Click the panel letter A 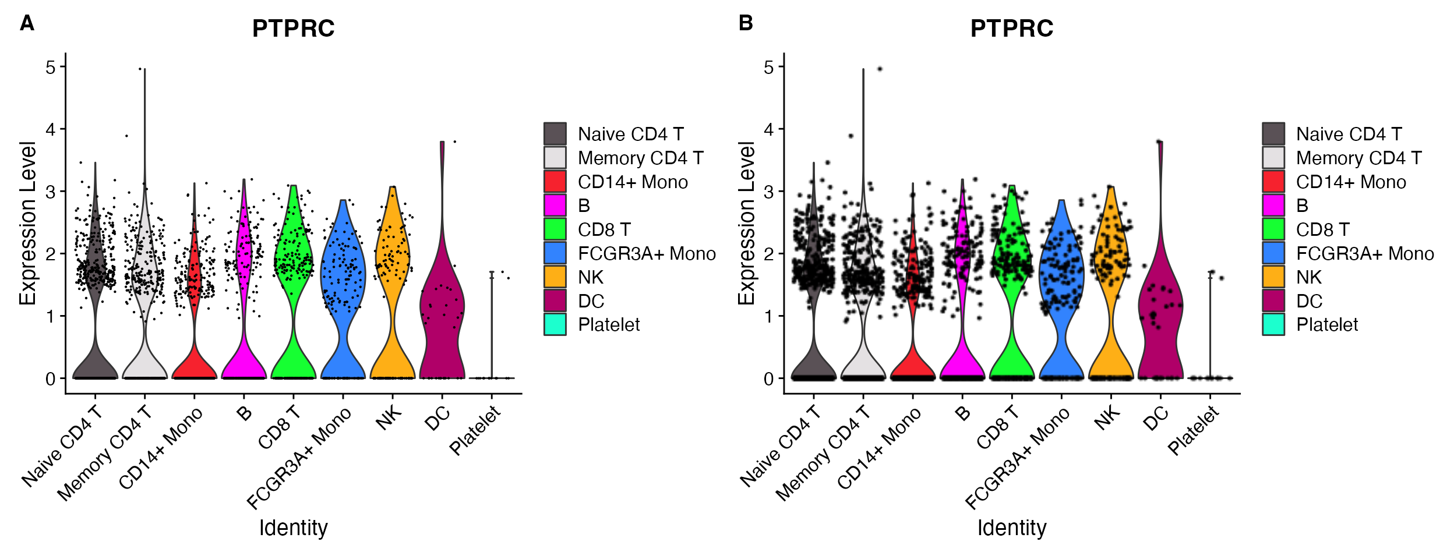(x=27, y=23)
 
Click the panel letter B (x=746, y=23)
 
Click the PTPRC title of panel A (x=293, y=29)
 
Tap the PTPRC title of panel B (x=1012, y=29)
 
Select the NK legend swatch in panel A (x=555, y=277)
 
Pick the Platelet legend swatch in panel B (x=1273, y=324)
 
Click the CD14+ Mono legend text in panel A (x=633, y=182)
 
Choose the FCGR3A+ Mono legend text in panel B (x=1365, y=253)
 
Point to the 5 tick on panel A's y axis (x=51, y=67)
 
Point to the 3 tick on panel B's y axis (x=770, y=192)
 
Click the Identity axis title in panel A (x=293, y=528)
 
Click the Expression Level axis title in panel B (x=746, y=222)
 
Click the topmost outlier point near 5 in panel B (x=880, y=69)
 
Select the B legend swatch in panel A (x=555, y=205)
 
